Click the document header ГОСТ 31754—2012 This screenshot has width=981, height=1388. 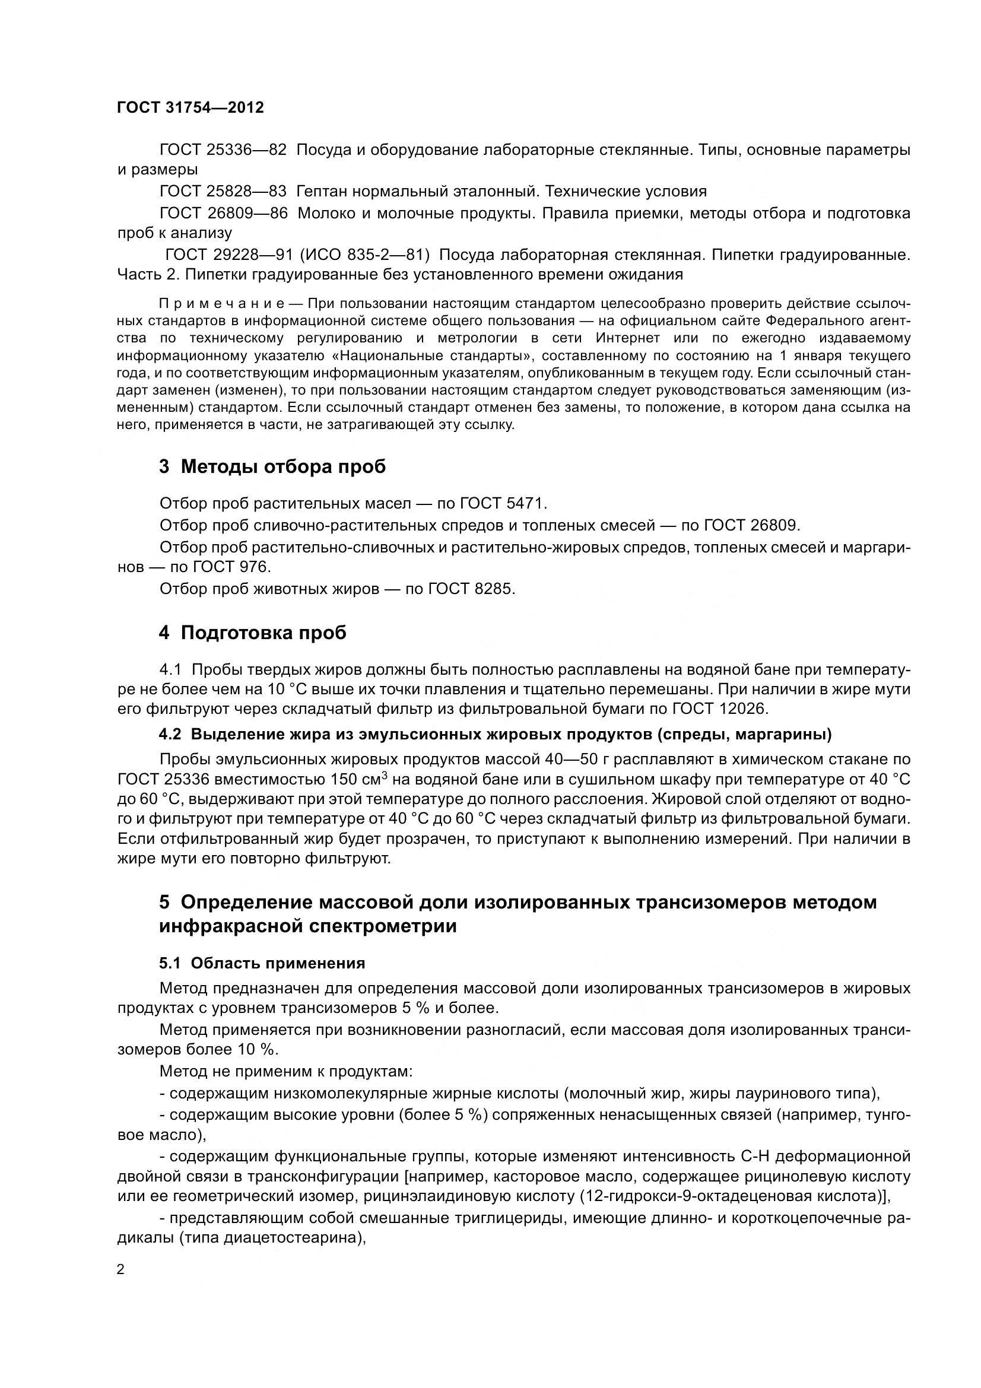point(191,107)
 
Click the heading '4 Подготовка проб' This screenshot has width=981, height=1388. point(253,633)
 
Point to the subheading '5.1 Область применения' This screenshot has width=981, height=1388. point(262,963)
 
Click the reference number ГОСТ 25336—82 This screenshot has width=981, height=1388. point(223,150)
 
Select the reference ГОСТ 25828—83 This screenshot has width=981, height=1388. point(223,192)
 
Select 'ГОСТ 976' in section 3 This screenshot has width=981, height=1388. point(231,567)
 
